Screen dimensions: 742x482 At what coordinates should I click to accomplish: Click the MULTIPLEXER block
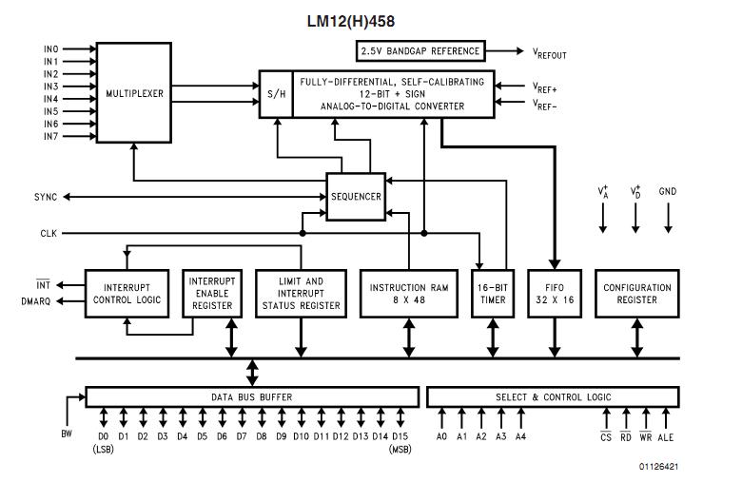tap(134, 93)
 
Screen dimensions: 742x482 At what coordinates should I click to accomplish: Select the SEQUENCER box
tap(356, 197)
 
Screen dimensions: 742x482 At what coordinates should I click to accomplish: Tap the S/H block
tap(277, 94)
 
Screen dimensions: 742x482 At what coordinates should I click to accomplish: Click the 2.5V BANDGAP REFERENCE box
tap(420, 51)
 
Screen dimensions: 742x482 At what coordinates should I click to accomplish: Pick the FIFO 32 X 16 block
tap(555, 294)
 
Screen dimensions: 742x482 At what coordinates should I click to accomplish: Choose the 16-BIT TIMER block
tap(493, 294)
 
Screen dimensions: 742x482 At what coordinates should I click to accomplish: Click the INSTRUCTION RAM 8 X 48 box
tap(409, 294)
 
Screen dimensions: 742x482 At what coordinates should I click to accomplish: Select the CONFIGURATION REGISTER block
tap(637, 294)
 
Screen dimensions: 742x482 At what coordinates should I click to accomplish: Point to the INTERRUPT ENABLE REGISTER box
tap(212, 294)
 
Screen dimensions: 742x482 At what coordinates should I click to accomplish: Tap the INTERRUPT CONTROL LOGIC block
tap(127, 294)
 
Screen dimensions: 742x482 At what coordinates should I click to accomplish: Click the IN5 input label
tap(51, 111)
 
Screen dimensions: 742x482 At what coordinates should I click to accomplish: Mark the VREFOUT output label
tap(550, 53)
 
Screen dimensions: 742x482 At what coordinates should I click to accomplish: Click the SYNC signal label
tap(46, 197)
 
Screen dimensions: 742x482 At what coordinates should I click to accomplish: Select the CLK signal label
tap(49, 233)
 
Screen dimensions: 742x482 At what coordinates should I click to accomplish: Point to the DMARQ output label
tap(36, 301)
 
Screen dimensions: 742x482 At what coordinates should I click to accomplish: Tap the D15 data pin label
tap(400, 436)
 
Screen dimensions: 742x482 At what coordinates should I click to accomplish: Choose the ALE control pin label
tap(665, 437)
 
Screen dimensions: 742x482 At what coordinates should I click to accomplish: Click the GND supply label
tap(668, 192)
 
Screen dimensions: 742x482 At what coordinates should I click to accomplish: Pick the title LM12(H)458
tap(351, 21)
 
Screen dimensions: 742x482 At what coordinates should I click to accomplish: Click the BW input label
tap(67, 434)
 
